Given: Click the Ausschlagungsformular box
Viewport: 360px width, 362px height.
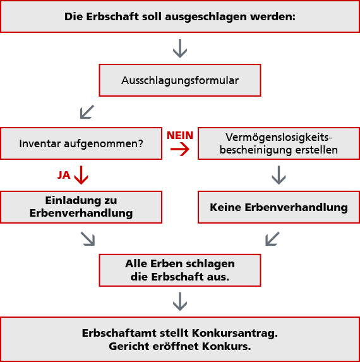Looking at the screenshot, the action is pyautogui.click(x=180, y=80).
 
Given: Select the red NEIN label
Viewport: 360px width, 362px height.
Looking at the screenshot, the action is pyautogui.click(x=180, y=135).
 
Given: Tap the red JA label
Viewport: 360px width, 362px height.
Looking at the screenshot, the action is pyautogui.click(x=64, y=175).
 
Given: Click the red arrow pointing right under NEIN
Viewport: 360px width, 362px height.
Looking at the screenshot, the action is pyautogui.click(x=180, y=149).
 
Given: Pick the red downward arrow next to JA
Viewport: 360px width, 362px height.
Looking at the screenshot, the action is pyautogui.click(x=81, y=175).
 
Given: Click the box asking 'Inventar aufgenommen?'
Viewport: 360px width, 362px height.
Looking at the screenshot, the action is pyautogui.click(x=81, y=143).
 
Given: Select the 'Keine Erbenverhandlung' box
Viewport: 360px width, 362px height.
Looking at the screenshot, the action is pyautogui.click(x=279, y=207).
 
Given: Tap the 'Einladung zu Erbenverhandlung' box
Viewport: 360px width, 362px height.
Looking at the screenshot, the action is pyautogui.click(x=81, y=207).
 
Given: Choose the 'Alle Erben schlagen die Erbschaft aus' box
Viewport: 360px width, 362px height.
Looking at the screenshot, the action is pyautogui.click(x=180, y=270).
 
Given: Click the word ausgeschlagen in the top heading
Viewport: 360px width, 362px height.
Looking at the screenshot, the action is pyautogui.click(x=206, y=17).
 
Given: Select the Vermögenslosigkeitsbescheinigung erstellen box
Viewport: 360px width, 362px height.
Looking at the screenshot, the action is pyautogui.click(x=279, y=143).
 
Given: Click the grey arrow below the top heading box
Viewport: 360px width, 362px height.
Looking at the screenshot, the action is pyautogui.click(x=180, y=49).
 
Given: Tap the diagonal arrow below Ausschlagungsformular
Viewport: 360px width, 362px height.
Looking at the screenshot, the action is pyautogui.click(x=87, y=112).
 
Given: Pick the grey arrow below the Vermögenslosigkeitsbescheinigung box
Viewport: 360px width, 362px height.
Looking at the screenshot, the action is pyautogui.click(x=279, y=175).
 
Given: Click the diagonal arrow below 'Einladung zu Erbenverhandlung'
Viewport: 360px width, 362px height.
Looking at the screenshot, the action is pyautogui.click(x=88, y=239).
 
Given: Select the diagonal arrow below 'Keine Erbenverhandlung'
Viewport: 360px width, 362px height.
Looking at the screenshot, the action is pyautogui.click(x=272, y=239).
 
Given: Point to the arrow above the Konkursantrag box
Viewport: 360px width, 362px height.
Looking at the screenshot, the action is pyautogui.click(x=180, y=301).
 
